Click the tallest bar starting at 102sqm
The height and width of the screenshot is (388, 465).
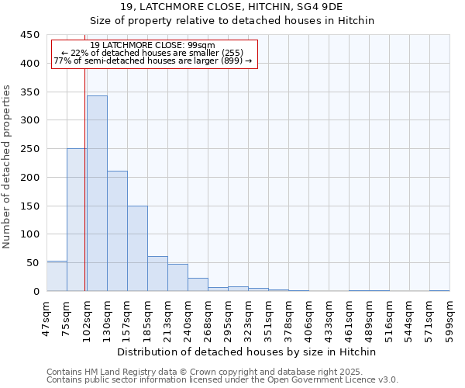tap(97, 194)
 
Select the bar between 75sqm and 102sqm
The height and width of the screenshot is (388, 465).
tap(77, 220)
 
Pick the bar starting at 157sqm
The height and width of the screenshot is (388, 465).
tap(137, 248)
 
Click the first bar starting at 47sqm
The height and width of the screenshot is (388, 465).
tap(57, 276)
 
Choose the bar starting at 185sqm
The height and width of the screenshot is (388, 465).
tap(157, 274)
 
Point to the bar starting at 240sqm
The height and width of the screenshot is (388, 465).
tap(198, 285)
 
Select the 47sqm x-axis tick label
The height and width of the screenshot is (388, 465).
tap(46, 317)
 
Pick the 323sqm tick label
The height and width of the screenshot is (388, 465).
tap(248, 319)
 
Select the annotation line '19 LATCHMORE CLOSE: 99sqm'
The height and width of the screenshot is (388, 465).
tap(153, 45)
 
